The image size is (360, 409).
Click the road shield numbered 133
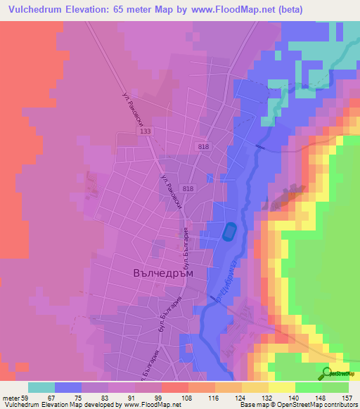[x=146, y=131]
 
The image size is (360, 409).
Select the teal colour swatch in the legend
[x=41, y=387]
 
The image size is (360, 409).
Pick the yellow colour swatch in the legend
[x=281, y=387]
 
